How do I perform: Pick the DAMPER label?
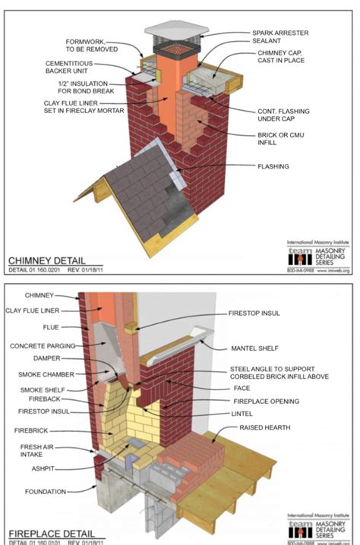point(46,358)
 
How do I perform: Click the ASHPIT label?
point(43,469)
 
